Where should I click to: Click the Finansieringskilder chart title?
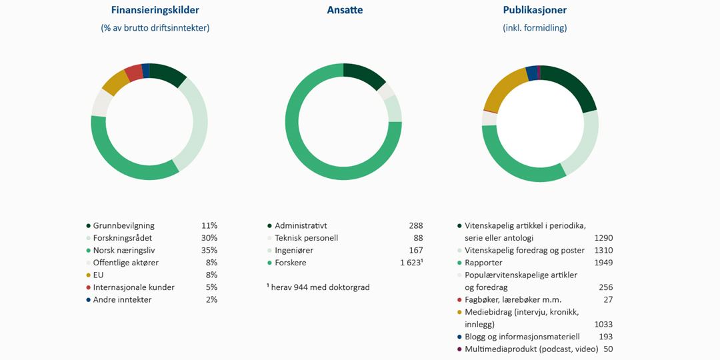(x=155, y=10)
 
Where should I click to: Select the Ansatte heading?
(x=345, y=10)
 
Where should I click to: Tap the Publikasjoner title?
(x=535, y=10)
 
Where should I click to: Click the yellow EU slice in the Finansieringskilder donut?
(x=116, y=82)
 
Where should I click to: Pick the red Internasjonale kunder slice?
(x=133, y=72)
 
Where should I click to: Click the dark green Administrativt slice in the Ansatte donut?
(x=364, y=75)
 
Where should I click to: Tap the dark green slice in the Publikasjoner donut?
(x=571, y=85)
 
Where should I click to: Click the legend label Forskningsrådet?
(x=123, y=238)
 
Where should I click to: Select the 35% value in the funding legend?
(x=209, y=250)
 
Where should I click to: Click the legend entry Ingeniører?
(x=294, y=250)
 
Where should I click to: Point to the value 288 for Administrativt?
(x=415, y=225)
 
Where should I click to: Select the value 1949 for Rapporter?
(x=603, y=263)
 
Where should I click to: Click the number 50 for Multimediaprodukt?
(x=607, y=349)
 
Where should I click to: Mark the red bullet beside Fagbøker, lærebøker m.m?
(x=459, y=300)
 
